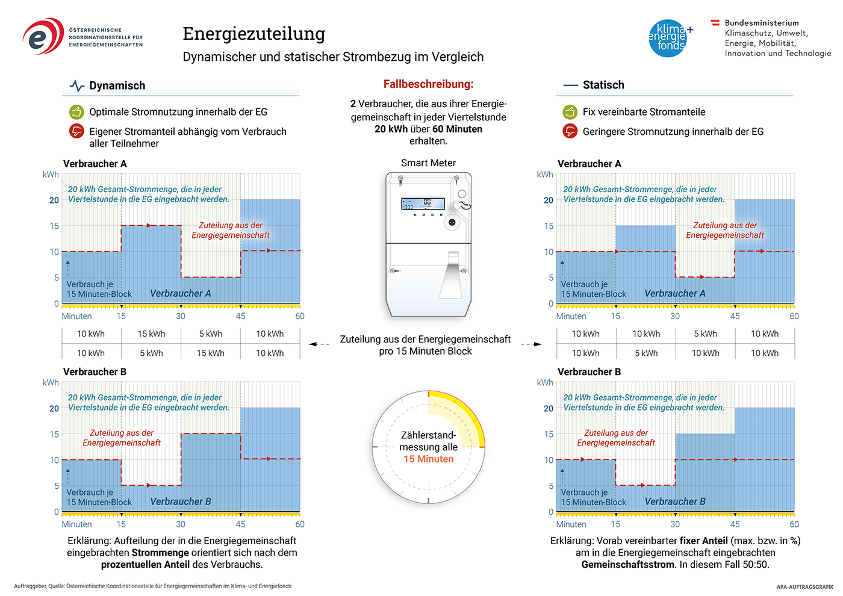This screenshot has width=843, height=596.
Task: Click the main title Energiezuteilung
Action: click(254, 34)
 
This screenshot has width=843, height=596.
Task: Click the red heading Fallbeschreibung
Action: click(428, 84)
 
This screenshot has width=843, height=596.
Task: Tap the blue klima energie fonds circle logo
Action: click(668, 39)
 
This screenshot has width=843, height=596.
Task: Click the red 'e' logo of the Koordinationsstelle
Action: click(43, 36)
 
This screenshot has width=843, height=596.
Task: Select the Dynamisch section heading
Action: click(117, 85)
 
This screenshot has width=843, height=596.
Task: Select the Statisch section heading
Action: click(603, 85)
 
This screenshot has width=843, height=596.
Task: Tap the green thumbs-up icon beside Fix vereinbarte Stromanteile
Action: click(570, 112)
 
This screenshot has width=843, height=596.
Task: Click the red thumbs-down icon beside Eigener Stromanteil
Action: click(76, 131)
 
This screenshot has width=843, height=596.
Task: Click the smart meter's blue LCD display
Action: click(423, 203)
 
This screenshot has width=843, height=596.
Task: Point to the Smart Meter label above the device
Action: click(428, 163)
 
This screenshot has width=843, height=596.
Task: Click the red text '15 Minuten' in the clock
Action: click(428, 459)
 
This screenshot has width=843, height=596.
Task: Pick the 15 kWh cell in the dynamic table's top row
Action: click(151, 334)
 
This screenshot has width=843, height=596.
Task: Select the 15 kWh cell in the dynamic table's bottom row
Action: click(211, 353)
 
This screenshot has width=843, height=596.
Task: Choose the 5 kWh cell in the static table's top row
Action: click(705, 334)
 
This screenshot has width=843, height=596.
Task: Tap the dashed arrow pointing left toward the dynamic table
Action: click(319, 344)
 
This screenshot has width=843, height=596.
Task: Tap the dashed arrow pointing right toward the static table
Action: click(531, 344)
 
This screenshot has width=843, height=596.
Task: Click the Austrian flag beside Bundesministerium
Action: click(715, 23)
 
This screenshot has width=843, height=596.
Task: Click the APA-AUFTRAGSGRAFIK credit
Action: click(805, 587)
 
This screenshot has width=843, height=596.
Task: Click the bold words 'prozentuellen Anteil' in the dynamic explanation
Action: click(145, 565)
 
